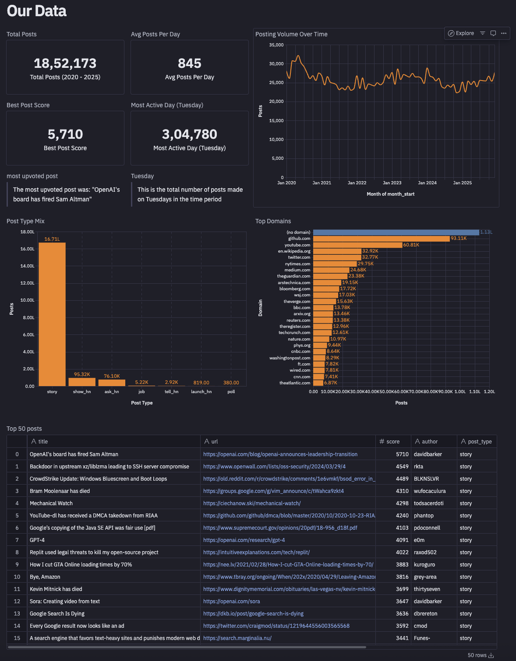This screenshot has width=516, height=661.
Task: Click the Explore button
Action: click(461, 33)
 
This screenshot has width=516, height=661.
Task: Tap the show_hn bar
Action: click(82, 382)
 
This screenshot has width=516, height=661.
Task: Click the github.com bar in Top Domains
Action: click(381, 239)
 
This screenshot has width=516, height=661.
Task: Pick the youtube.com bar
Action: click(357, 245)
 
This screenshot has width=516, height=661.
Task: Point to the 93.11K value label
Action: click(459, 239)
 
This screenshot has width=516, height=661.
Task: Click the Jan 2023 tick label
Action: click(392, 183)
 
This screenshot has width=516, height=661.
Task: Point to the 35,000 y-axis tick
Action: click(276, 45)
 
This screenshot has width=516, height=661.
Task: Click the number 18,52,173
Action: click(65, 63)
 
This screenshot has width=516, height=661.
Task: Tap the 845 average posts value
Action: click(190, 63)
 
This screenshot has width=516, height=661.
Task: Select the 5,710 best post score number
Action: click(65, 134)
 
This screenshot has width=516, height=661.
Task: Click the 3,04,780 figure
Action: click(190, 134)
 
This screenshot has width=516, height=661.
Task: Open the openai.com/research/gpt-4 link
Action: click(244, 540)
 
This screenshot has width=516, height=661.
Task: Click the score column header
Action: click(393, 442)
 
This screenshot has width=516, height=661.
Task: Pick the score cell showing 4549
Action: click(402, 467)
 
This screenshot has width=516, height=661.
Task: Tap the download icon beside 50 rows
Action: click(491, 655)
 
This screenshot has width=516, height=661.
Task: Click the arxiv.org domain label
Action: click(302, 314)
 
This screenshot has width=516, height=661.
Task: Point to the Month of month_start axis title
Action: click(390, 194)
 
